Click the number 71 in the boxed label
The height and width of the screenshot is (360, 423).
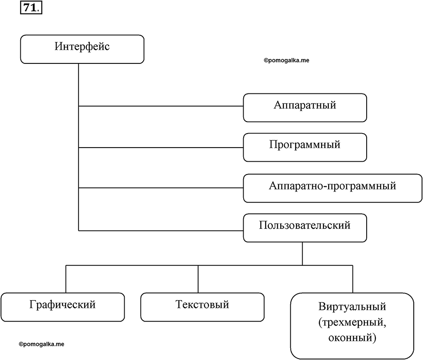30,8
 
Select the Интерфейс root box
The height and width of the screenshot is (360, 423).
82,49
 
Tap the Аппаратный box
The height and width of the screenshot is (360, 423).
305,108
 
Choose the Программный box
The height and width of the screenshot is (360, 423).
305,147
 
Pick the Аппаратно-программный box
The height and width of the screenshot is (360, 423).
333,188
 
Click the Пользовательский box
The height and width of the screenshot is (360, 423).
305,228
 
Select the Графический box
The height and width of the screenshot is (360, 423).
63,307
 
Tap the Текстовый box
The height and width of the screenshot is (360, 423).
202,307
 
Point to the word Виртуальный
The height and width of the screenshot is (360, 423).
352,307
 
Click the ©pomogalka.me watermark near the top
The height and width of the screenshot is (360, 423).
286,60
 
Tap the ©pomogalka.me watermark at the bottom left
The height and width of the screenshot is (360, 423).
41,344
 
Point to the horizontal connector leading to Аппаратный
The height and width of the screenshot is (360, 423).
161,106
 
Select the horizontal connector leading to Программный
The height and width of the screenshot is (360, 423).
161,148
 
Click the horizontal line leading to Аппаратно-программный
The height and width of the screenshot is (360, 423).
161,188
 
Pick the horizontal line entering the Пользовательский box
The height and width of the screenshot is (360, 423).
161,230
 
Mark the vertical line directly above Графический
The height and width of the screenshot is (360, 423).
66,279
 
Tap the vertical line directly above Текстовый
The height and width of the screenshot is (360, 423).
198,279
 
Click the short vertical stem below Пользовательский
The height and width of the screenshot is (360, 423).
302,254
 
